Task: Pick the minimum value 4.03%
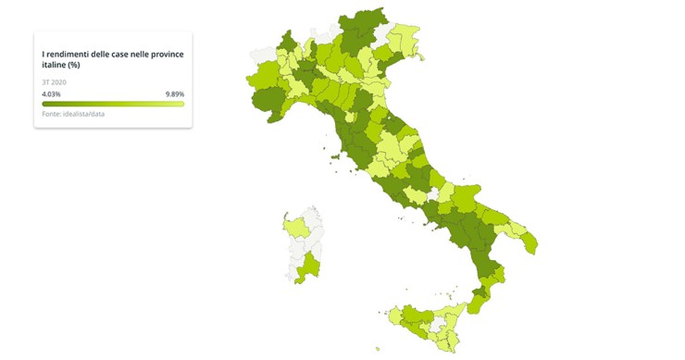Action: click(x=51, y=93)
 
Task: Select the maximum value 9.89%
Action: click(x=174, y=93)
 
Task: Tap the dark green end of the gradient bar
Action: click(x=46, y=103)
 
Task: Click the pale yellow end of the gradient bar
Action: click(x=180, y=103)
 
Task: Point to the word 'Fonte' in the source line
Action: click(x=52, y=113)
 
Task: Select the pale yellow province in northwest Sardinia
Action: click(x=297, y=227)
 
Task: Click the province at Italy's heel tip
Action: click(x=529, y=242)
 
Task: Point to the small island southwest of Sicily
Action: click(x=377, y=349)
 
